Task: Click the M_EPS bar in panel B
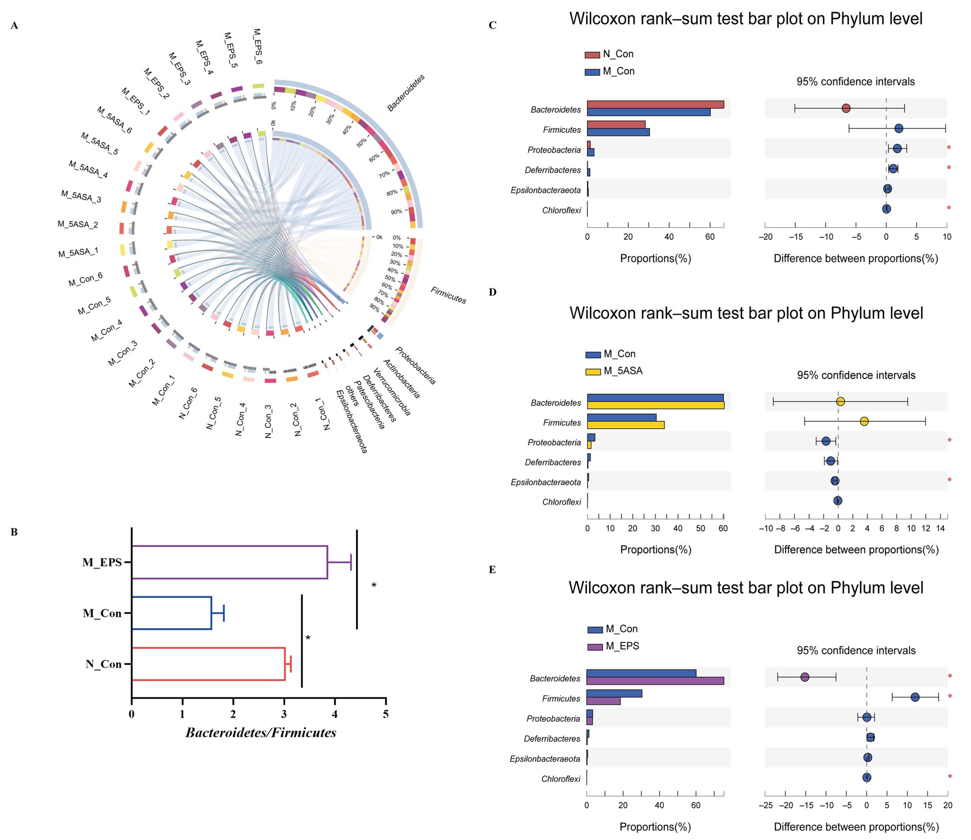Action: pyautogui.click(x=230, y=562)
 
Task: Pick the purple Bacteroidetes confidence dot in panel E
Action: pyautogui.click(x=805, y=677)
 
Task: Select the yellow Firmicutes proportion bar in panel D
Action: pyautogui.click(x=626, y=425)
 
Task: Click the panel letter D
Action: pyautogui.click(x=492, y=292)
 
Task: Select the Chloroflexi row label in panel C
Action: pyautogui.click(x=561, y=210)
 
